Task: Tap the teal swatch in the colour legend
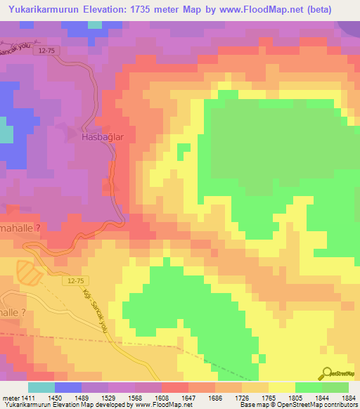41,387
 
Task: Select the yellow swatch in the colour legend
281,387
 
